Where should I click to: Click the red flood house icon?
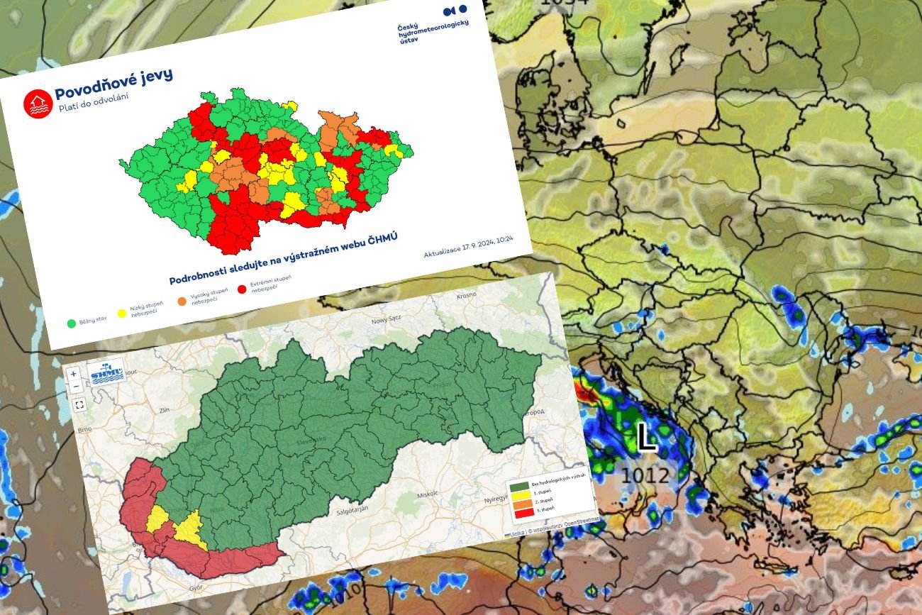coord(38,103)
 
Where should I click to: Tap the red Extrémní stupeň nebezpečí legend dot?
coord(242,289)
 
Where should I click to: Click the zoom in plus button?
coord(74,374)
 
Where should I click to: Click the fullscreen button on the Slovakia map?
coord(79,404)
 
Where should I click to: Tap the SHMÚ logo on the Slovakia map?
coord(106,370)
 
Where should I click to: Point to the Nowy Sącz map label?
coord(387,321)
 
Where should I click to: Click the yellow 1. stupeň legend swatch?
coord(516,492)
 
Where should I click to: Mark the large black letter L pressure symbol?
coord(645,437)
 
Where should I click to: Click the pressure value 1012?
coord(645,475)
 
